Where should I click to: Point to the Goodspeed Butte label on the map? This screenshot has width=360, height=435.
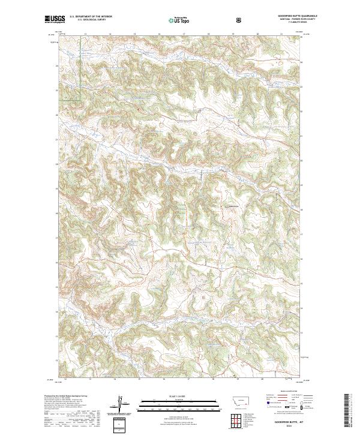pyautogui.click(x=231, y=206)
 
